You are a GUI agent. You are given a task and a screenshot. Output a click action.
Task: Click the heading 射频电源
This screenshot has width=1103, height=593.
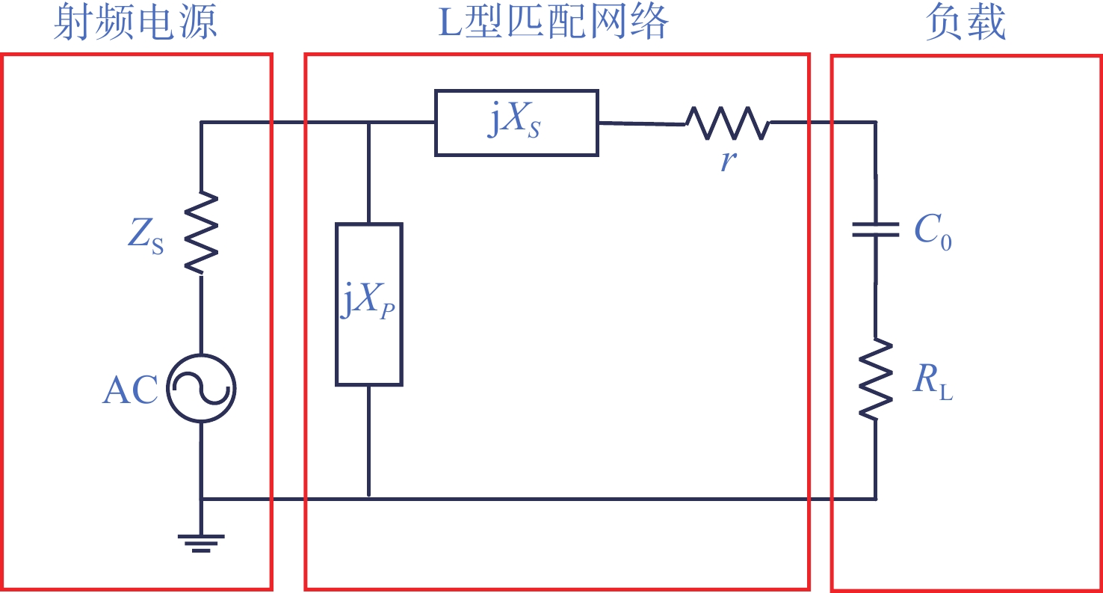pyautogui.click(x=135, y=24)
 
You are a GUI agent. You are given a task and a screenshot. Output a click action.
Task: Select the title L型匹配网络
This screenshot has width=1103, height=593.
pyautogui.click(x=553, y=24)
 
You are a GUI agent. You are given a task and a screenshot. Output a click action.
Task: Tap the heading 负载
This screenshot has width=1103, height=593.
pyautogui.click(x=965, y=24)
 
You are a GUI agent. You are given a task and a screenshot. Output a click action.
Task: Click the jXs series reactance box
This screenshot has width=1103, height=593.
pyautogui.click(x=516, y=123)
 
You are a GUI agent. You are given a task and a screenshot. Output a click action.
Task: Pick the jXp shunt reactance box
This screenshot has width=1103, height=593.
pyautogui.click(x=369, y=304)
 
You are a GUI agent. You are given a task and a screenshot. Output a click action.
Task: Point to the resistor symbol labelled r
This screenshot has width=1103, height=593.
pyautogui.click(x=728, y=123)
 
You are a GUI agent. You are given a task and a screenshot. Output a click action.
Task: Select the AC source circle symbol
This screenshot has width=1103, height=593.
pyautogui.click(x=201, y=389)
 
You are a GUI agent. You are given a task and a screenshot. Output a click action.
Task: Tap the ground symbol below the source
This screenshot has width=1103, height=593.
pyautogui.click(x=201, y=543)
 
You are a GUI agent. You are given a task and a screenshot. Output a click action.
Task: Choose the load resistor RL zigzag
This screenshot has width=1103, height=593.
pyautogui.click(x=876, y=380)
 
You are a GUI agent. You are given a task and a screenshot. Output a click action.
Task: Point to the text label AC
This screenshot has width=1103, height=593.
pyautogui.click(x=130, y=390)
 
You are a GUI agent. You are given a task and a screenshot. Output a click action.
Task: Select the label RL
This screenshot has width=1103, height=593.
pyautogui.click(x=933, y=384)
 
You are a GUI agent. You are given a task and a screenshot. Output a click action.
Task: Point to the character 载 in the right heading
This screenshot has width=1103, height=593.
pyautogui.click(x=986, y=24)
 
